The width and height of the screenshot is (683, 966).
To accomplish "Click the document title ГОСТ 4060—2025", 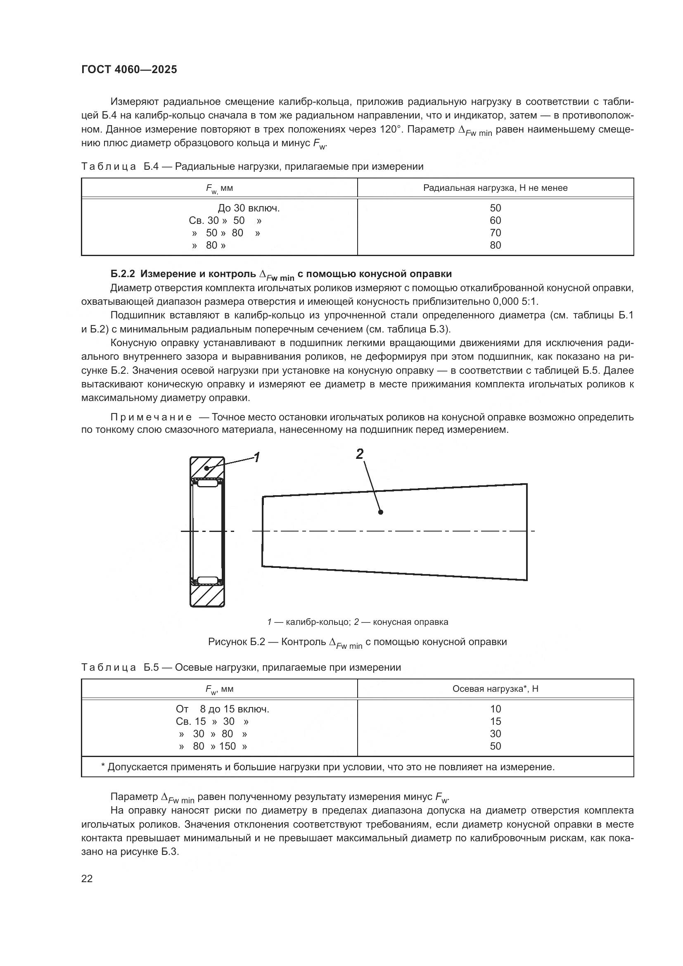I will click(x=129, y=70).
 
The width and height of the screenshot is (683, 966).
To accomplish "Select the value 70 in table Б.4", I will click(x=495, y=233).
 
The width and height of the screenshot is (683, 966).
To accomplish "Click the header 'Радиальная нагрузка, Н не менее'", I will click(x=495, y=188).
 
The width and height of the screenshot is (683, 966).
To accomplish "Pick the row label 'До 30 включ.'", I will click(x=249, y=208).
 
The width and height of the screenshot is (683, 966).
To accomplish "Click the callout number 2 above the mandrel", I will click(x=360, y=454).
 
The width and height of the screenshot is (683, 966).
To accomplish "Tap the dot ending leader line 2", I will click(x=381, y=512).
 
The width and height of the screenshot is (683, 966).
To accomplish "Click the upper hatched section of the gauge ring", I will click(x=207, y=467).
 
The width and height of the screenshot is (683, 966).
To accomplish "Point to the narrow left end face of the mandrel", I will click(x=263, y=531).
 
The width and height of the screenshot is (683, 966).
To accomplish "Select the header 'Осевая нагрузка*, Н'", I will click(x=495, y=689).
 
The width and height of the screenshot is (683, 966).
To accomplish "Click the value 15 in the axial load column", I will click(x=495, y=721).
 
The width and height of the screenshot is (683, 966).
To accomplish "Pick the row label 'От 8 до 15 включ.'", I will click(x=222, y=709).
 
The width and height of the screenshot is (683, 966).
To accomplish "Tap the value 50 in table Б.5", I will click(x=495, y=746).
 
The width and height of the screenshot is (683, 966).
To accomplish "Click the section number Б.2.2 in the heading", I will click(x=122, y=274).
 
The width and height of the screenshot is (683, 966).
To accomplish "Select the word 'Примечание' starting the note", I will click(x=151, y=418).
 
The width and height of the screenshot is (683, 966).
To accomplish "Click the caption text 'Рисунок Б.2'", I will click(x=236, y=642).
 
